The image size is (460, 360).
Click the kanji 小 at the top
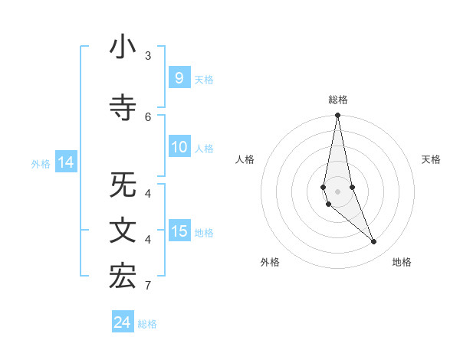pos(123,47)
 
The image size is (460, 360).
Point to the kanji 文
pos(123,231)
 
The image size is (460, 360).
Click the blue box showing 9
pos(179,78)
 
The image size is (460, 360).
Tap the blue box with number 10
pos(179,148)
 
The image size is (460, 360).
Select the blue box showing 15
pos(179,231)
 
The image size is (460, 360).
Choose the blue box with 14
pos(65,162)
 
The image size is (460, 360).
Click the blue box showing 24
pos(122,322)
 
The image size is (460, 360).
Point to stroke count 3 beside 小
pos(148,55)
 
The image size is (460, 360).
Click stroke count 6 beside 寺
pos(148,116)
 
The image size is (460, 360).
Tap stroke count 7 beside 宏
pos(148,286)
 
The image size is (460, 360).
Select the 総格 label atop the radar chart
pos(337,100)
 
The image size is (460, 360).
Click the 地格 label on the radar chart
pos(402,262)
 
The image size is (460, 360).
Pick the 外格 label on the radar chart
pos(270,262)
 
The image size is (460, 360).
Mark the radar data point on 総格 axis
pos(337,116)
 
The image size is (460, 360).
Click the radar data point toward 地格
pos(374,242)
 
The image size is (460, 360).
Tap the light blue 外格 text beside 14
pos(41,163)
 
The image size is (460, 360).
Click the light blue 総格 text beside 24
pos(147,324)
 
